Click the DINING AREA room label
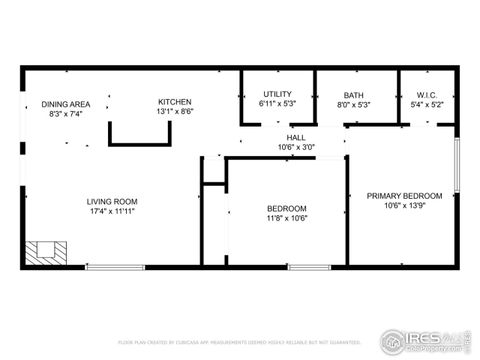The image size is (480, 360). pyautogui.click(x=66, y=104)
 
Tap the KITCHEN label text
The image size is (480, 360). pyautogui.click(x=175, y=102)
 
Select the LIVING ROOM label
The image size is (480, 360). pyautogui.click(x=111, y=202)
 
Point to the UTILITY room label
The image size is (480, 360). pyautogui.click(x=277, y=94)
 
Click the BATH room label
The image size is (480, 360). pyautogui.click(x=355, y=94)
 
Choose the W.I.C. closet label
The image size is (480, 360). pyautogui.click(x=428, y=94)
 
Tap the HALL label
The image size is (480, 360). pyautogui.click(x=296, y=138)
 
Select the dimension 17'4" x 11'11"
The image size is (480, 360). pyautogui.click(x=111, y=212)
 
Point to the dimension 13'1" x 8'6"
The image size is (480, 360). pyautogui.click(x=175, y=112)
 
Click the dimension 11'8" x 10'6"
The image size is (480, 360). pyautogui.click(x=286, y=219)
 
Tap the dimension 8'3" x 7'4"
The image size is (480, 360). pyautogui.click(x=66, y=114)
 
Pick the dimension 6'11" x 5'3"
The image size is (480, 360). pyautogui.click(x=277, y=104)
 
